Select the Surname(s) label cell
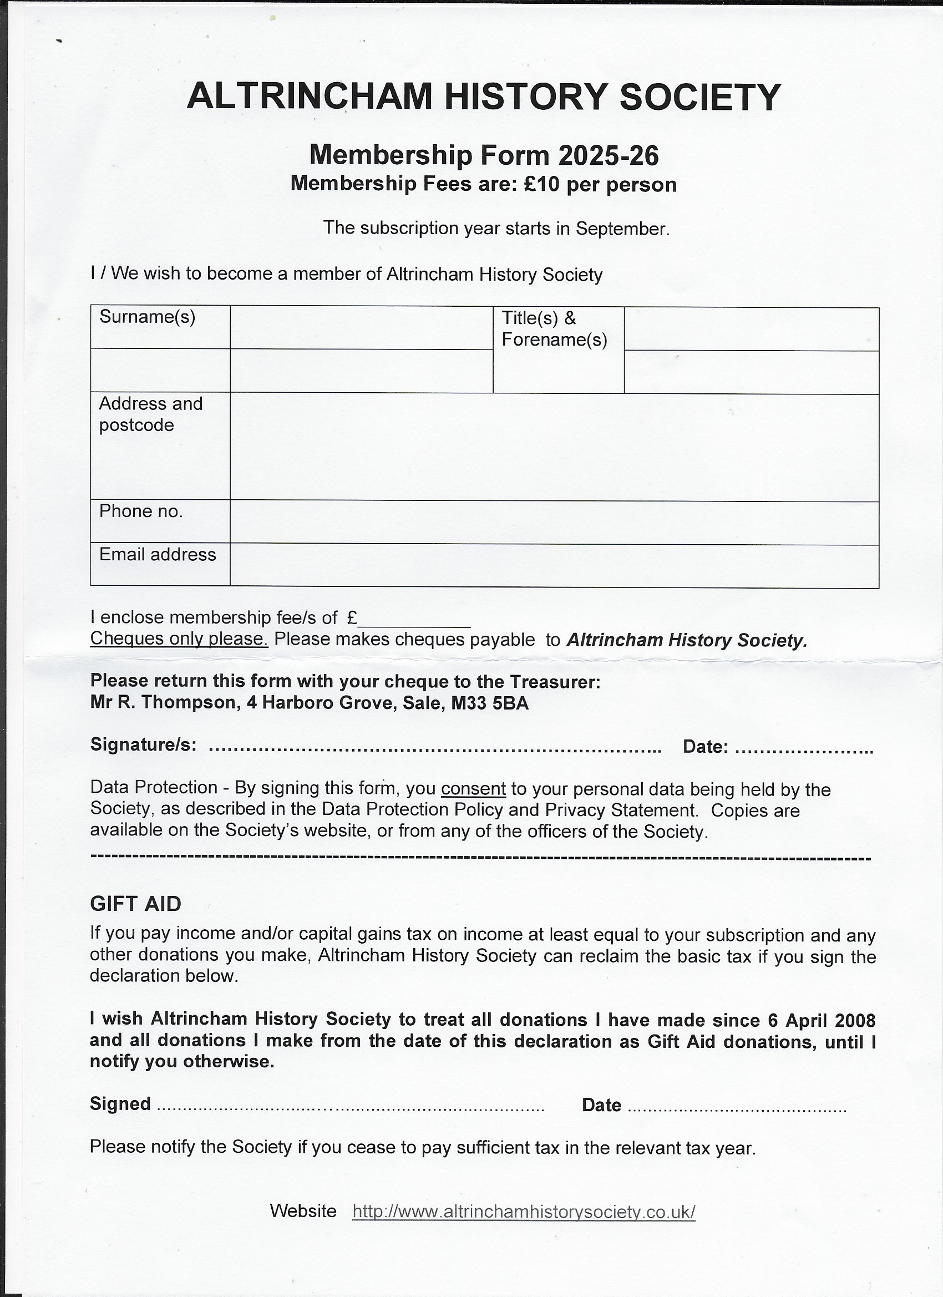[x=160, y=327]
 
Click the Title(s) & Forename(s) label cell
[x=557, y=349]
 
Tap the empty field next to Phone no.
[x=554, y=523]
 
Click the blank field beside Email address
[x=554, y=566]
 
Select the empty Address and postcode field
[x=554, y=447]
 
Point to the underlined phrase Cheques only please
[x=179, y=639]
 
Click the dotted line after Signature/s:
[x=435, y=747]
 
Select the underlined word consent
[x=474, y=789]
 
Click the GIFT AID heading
[x=135, y=904]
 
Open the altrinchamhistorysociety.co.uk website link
[x=524, y=1211]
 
